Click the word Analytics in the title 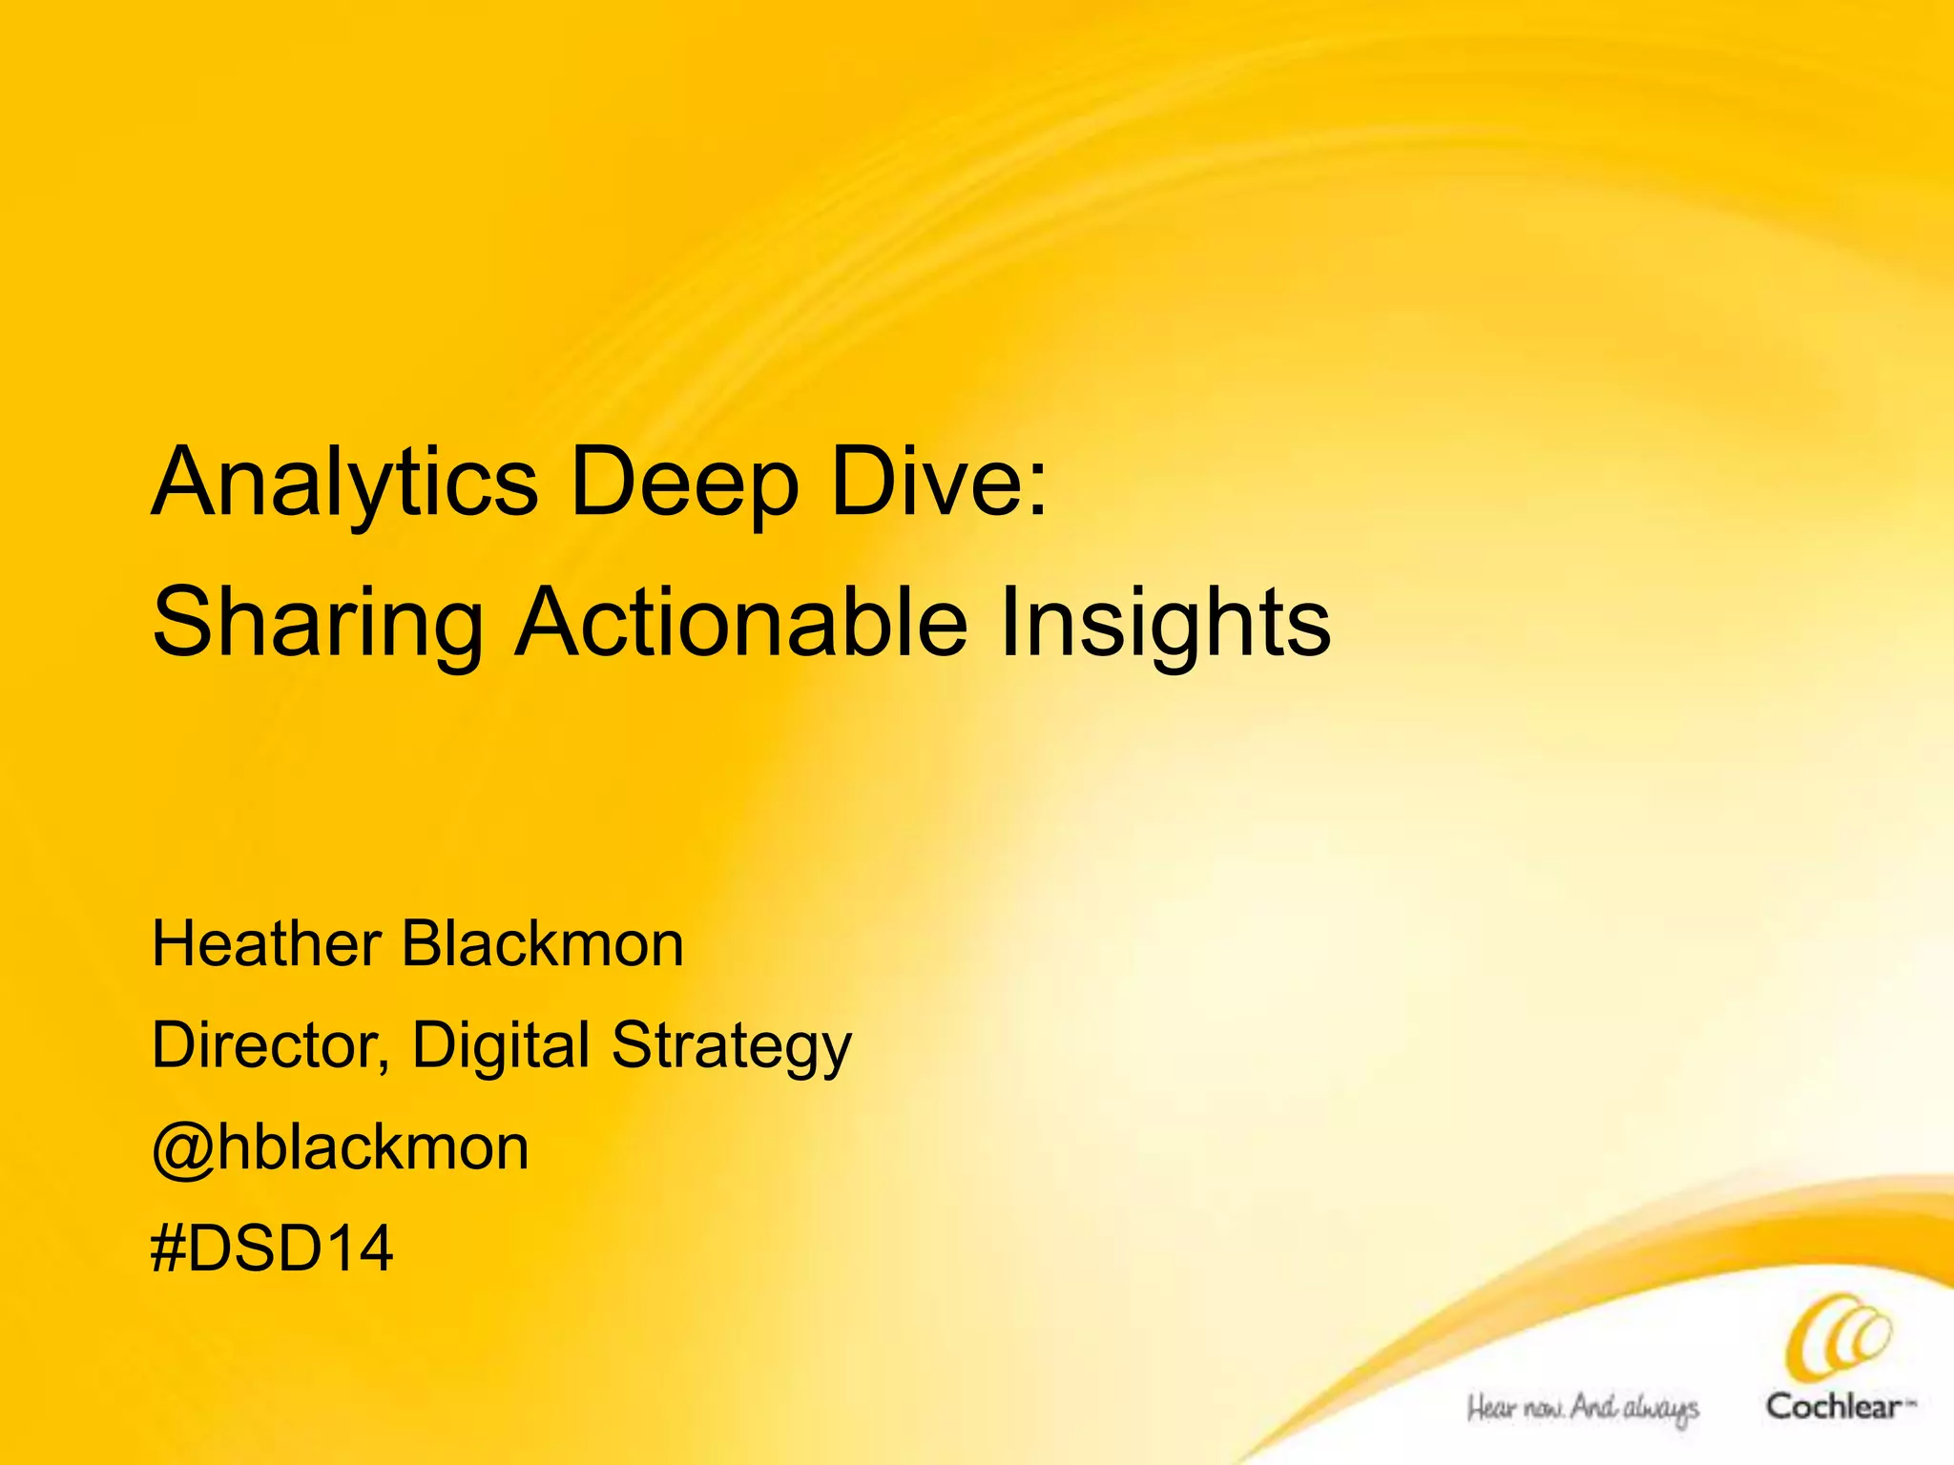pyautogui.click(x=344, y=484)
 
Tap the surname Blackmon pyautogui.click(x=542, y=944)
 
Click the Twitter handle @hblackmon pyautogui.click(x=340, y=1147)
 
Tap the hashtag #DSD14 pyautogui.click(x=272, y=1248)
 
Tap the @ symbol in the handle pyautogui.click(x=182, y=1149)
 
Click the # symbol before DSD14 pyautogui.click(x=167, y=1248)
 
